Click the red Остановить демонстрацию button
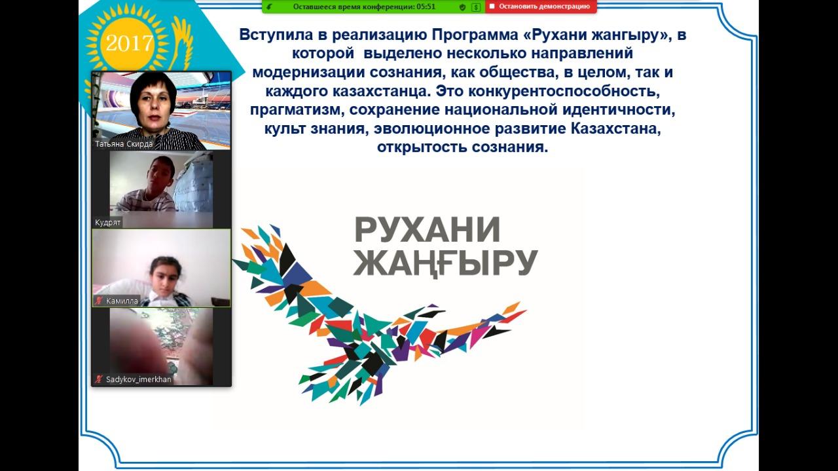541,7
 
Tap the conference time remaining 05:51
426,7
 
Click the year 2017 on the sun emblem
130,43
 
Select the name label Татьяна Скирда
124,144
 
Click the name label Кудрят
108,222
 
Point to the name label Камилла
122,301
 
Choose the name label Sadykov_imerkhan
138,379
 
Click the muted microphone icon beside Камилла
99,301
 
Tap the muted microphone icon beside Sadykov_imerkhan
99,379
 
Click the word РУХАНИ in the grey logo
427,230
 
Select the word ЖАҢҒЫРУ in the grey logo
445,263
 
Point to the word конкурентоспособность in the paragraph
564,91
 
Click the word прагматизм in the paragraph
297,110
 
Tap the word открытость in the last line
422,147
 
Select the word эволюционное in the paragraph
431,129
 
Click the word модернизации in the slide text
308,73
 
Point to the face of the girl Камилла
164,278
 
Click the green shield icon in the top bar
462,7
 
